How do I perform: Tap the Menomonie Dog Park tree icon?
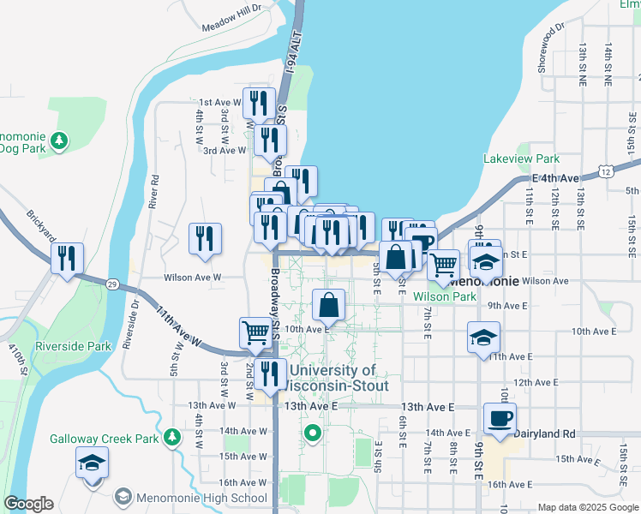pos(59,140)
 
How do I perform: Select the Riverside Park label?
pos(74,346)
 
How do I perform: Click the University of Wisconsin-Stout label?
pos(332,378)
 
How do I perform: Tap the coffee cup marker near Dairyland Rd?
pos(500,419)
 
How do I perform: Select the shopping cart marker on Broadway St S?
pos(255,332)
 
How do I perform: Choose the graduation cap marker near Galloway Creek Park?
pos(92,463)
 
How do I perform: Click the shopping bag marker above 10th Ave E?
pos(329,304)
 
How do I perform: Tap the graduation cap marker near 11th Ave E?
pos(482,337)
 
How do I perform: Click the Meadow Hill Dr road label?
pos(231,25)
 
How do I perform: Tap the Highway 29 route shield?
pos(112,283)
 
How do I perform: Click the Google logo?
pos(29,504)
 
